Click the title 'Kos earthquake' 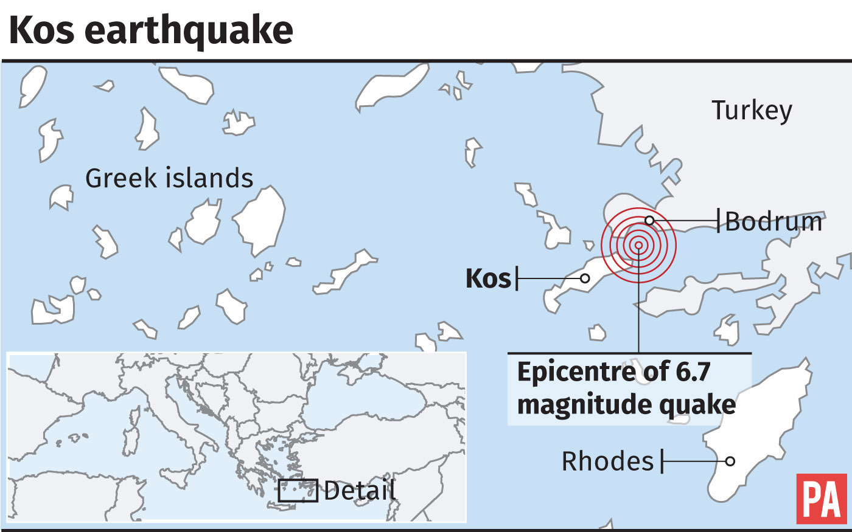pyautogui.click(x=151, y=30)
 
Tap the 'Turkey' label pyautogui.click(x=752, y=111)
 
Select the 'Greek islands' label pyautogui.click(x=169, y=178)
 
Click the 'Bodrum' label pyautogui.click(x=773, y=221)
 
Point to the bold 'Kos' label pyautogui.click(x=488, y=278)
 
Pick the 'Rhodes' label pyautogui.click(x=607, y=461)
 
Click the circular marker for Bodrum pyautogui.click(x=649, y=220)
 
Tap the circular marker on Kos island pyautogui.click(x=584, y=278)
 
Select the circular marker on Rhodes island pyautogui.click(x=730, y=461)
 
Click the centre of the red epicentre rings pyautogui.click(x=638, y=245)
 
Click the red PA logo pyautogui.click(x=821, y=499)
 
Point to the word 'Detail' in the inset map pyautogui.click(x=360, y=491)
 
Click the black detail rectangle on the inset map pyautogui.click(x=298, y=490)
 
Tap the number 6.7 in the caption pyautogui.click(x=693, y=371)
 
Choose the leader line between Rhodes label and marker pyautogui.click(x=694, y=461)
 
